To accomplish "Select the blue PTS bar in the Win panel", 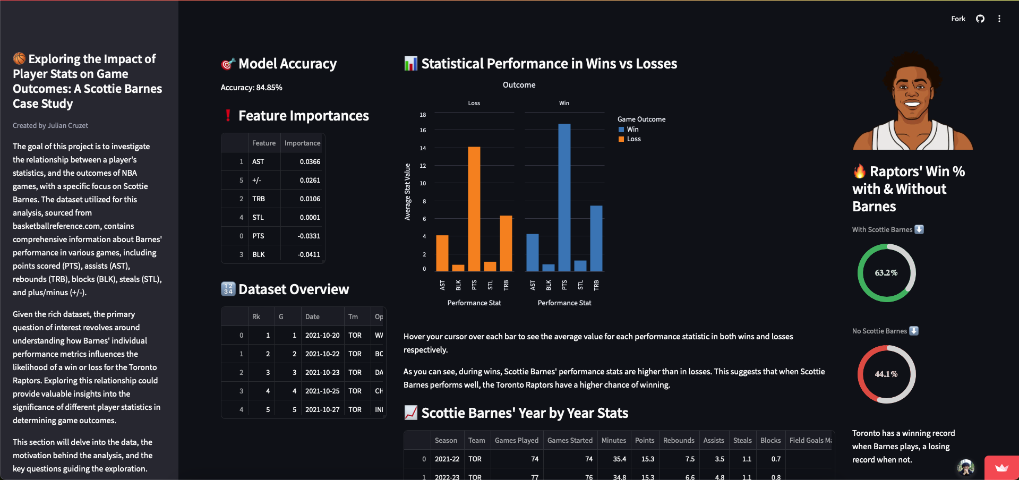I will (564, 198).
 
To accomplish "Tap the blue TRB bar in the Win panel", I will (596, 238).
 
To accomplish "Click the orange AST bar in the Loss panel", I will (442, 253).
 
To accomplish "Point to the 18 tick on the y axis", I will (423, 115).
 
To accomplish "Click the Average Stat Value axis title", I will (408, 192).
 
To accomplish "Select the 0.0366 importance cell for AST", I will (310, 161).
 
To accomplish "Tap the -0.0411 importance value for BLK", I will (309, 254).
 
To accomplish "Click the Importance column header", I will (302, 143).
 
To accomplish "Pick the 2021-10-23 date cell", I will (322, 372).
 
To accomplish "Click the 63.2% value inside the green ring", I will (886, 273).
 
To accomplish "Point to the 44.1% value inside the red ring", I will (886, 374).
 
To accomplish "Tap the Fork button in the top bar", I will (958, 19).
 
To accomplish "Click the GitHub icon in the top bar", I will (980, 19).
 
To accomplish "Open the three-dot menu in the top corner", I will (999, 19).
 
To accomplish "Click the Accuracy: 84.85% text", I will (251, 88).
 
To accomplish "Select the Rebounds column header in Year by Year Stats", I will (678, 440).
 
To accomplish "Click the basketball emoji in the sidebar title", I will (20, 58).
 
